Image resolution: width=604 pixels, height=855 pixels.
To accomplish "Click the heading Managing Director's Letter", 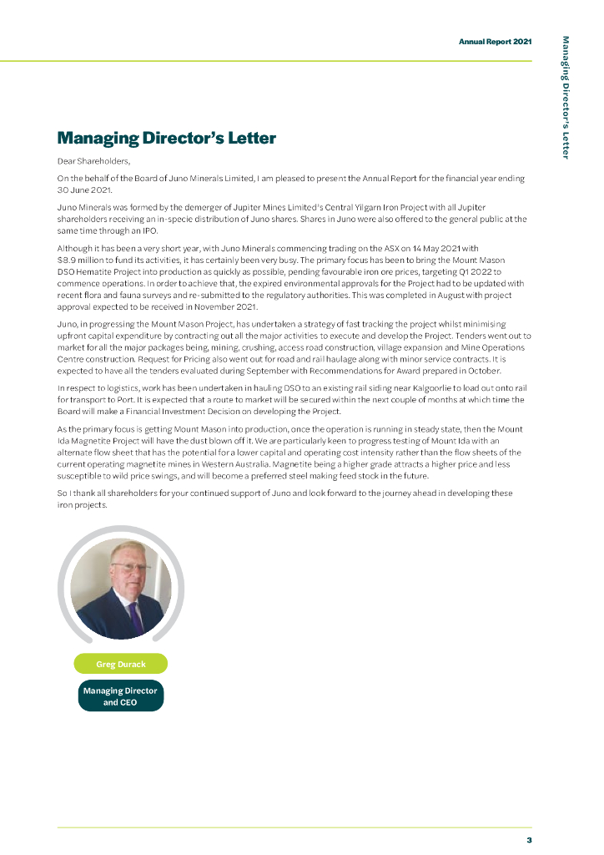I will pos(166,138).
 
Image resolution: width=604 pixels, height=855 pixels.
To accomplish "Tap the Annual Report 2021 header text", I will pos(495,41).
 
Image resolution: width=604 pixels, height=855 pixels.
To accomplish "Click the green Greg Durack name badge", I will pos(121,664).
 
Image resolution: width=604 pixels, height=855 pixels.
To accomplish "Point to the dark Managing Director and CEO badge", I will pos(121,696).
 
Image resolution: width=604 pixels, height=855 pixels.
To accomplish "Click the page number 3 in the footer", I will pos(529,840).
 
